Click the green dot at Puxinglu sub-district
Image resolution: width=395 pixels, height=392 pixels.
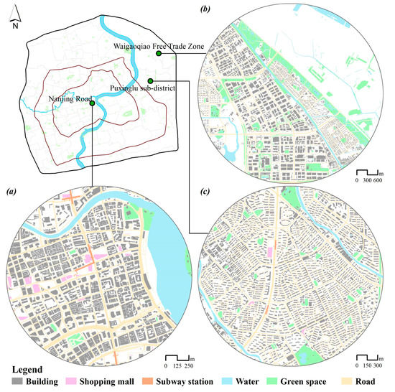click(150, 80)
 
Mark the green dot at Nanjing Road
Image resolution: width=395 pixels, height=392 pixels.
click(93, 103)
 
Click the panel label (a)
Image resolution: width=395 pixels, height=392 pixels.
click(11, 192)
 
